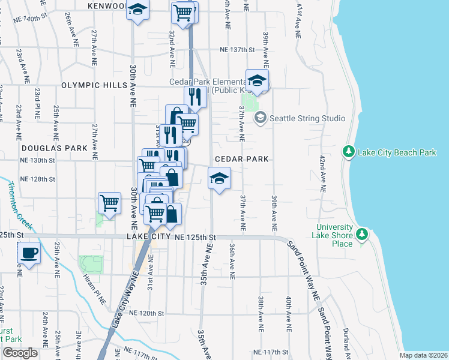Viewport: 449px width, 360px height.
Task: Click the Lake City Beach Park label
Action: (x=397, y=152)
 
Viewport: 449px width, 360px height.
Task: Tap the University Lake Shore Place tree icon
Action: (x=361, y=233)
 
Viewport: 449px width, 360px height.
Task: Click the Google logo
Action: (x=20, y=353)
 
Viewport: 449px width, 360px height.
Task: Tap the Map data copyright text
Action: (x=424, y=355)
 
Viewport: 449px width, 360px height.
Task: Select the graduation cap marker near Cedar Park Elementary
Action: (x=257, y=81)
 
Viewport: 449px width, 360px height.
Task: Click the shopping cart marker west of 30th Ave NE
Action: (x=109, y=203)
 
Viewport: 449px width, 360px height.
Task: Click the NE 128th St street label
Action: (x=37, y=179)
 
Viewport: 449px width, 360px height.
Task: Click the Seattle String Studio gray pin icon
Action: (x=260, y=118)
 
